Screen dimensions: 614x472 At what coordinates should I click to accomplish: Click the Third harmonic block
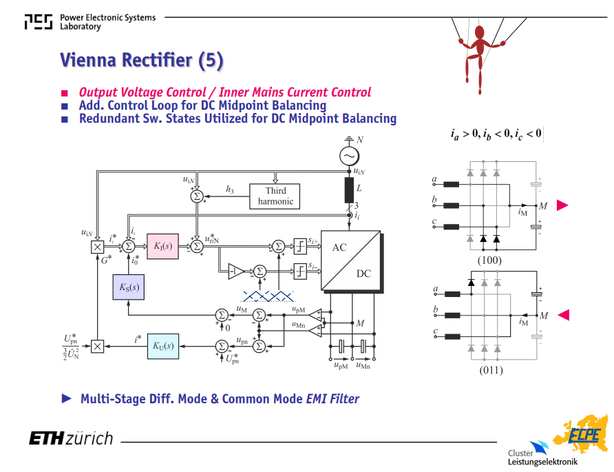(275, 196)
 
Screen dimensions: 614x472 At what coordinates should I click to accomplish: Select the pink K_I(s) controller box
(163, 246)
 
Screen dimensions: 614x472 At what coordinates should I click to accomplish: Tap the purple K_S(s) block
(129, 287)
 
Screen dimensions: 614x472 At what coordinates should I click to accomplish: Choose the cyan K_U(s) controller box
(163, 346)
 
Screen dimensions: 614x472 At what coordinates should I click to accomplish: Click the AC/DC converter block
(351, 260)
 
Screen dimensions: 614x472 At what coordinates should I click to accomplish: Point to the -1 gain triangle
(235, 271)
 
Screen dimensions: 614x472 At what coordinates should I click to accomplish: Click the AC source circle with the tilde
(349, 156)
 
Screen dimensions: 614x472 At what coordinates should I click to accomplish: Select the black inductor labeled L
(349, 190)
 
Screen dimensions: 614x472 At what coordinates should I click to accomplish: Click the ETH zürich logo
(71, 438)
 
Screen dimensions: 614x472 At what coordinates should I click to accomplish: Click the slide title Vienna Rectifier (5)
(142, 61)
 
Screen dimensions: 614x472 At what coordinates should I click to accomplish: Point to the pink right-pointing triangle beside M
(562, 205)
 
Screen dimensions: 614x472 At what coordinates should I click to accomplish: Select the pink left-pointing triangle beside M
(564, 315)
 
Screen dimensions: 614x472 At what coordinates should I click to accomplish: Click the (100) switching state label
(489, 260)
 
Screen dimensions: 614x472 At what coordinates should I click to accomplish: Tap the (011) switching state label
(491, 370)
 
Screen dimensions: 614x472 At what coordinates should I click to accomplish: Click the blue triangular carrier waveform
(268, 296)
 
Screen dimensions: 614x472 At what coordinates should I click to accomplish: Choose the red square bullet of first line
(65, 93)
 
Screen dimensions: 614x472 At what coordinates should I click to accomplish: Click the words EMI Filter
(332, 399)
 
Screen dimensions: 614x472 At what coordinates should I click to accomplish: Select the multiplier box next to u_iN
(97, 247)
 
